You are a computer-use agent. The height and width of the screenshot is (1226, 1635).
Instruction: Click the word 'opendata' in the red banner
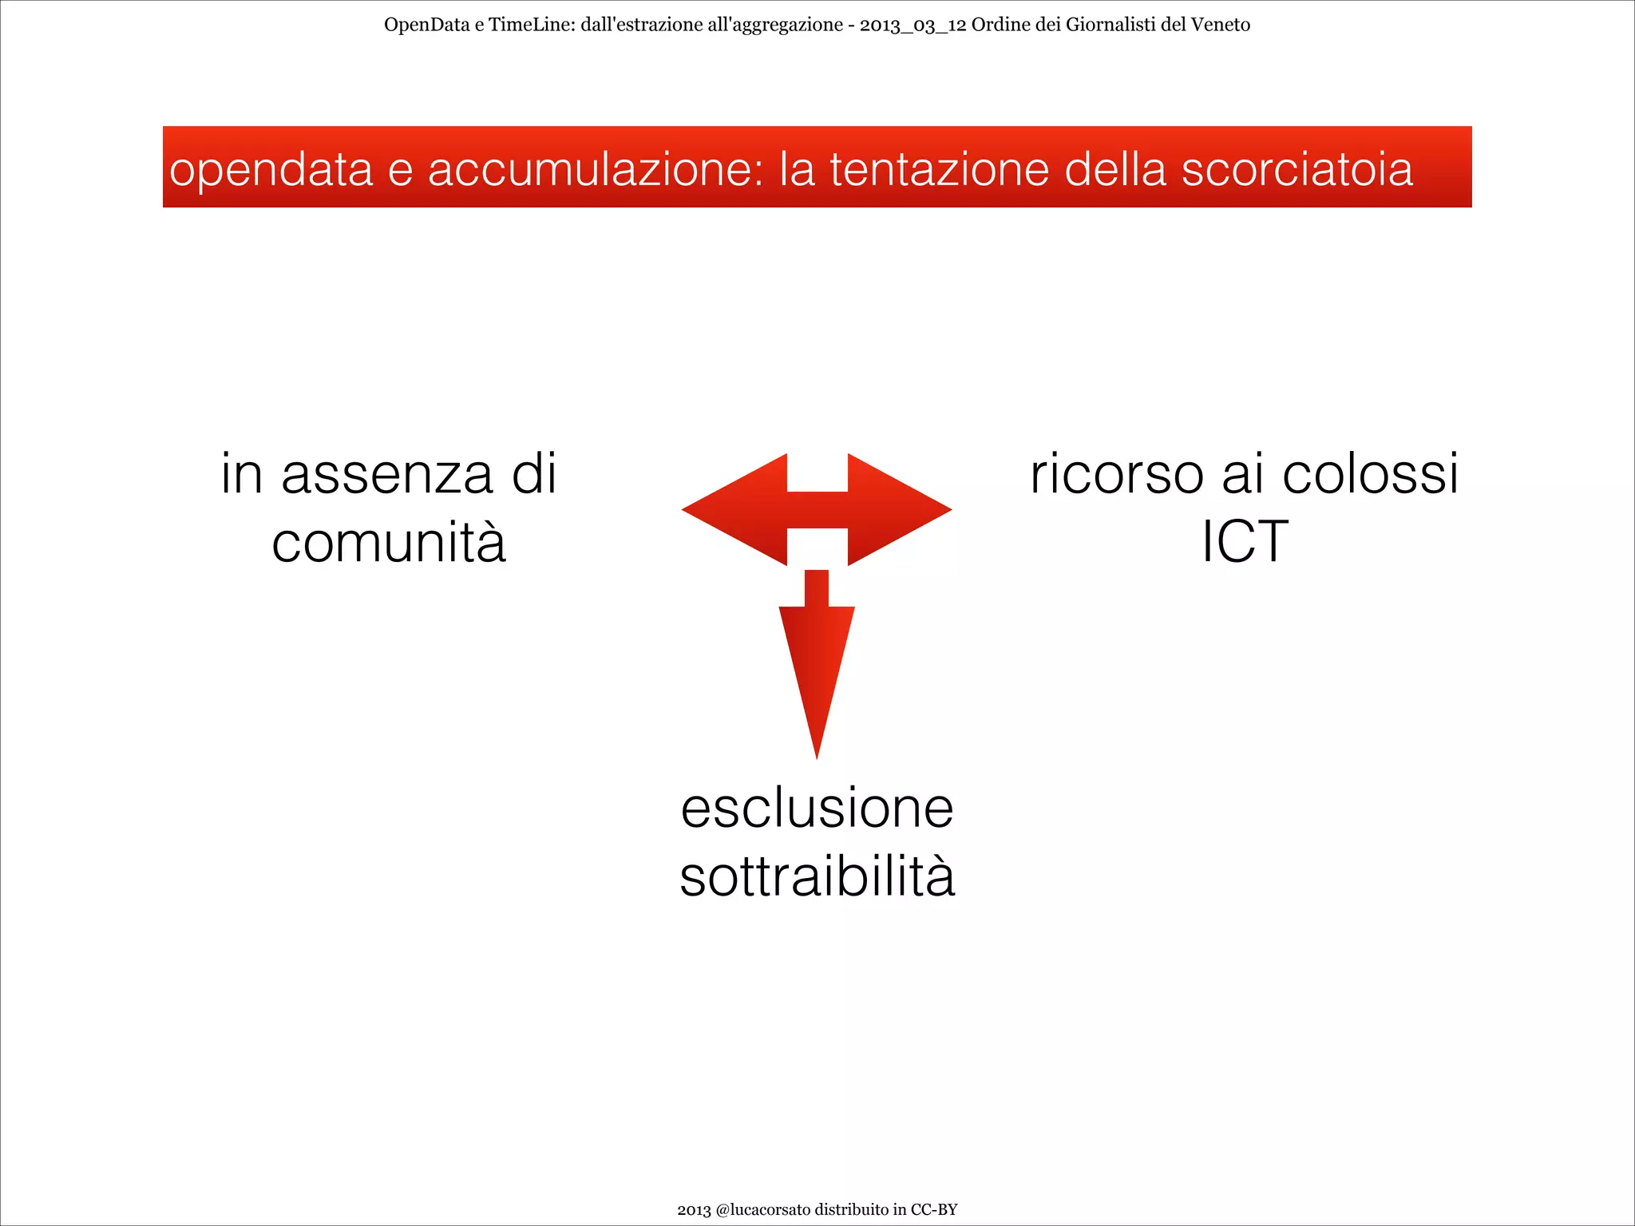coord(271,170)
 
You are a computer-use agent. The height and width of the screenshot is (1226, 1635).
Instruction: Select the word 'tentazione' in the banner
coord(940,170)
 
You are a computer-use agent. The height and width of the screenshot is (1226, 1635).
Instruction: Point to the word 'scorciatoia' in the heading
coord(1297,170)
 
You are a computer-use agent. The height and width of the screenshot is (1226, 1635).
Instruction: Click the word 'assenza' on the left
coord(387,474)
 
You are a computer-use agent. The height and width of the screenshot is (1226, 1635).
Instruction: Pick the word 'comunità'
coord(389,543)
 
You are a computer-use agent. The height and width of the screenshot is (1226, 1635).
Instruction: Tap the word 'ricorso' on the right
coord(1116,474)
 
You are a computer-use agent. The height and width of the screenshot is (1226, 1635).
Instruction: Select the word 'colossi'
coord(1370,474)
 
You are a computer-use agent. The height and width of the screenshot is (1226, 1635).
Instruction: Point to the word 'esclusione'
coord(817,809)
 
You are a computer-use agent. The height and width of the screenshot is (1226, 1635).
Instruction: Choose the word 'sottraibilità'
coord(817,877)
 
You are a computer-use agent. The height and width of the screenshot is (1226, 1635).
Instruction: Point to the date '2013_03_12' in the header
coord(913,25)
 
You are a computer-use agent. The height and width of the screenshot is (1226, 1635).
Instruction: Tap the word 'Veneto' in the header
coord(1220,25)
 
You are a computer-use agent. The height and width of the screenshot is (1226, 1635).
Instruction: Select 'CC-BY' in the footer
coord(934,1209)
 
